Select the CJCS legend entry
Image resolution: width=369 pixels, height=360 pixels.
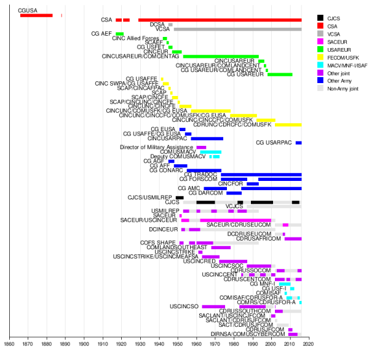point(336,18)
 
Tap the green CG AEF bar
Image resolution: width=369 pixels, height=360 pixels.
point(119,34)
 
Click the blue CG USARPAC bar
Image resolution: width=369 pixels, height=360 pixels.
point(298,143)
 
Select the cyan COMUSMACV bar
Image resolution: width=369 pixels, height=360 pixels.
point(210,152)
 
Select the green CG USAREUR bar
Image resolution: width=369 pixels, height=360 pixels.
point(280,74)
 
